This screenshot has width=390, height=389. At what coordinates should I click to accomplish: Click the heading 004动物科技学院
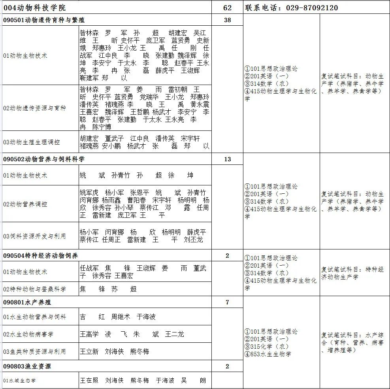35,8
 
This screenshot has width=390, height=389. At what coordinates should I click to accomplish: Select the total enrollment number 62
227,8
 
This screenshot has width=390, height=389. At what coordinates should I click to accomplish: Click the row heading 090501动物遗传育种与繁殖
44,20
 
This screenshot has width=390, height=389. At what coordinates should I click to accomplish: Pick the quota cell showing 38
227,20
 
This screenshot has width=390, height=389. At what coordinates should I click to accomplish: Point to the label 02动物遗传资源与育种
34,108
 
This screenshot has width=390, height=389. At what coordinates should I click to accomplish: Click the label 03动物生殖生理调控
32,142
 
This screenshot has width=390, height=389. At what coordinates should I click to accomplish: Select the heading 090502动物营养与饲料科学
44,159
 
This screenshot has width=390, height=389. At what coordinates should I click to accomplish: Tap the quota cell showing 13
227,159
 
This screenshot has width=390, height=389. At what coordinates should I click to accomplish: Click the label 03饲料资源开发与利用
34,236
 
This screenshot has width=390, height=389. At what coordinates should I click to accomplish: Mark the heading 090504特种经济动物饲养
41,256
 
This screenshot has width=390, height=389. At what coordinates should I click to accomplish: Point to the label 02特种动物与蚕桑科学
34,289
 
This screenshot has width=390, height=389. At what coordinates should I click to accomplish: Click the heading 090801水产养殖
27,302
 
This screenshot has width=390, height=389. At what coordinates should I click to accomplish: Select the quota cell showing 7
227,302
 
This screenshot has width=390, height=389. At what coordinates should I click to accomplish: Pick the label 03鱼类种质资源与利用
34,351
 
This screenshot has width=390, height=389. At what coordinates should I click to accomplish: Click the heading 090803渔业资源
27,366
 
